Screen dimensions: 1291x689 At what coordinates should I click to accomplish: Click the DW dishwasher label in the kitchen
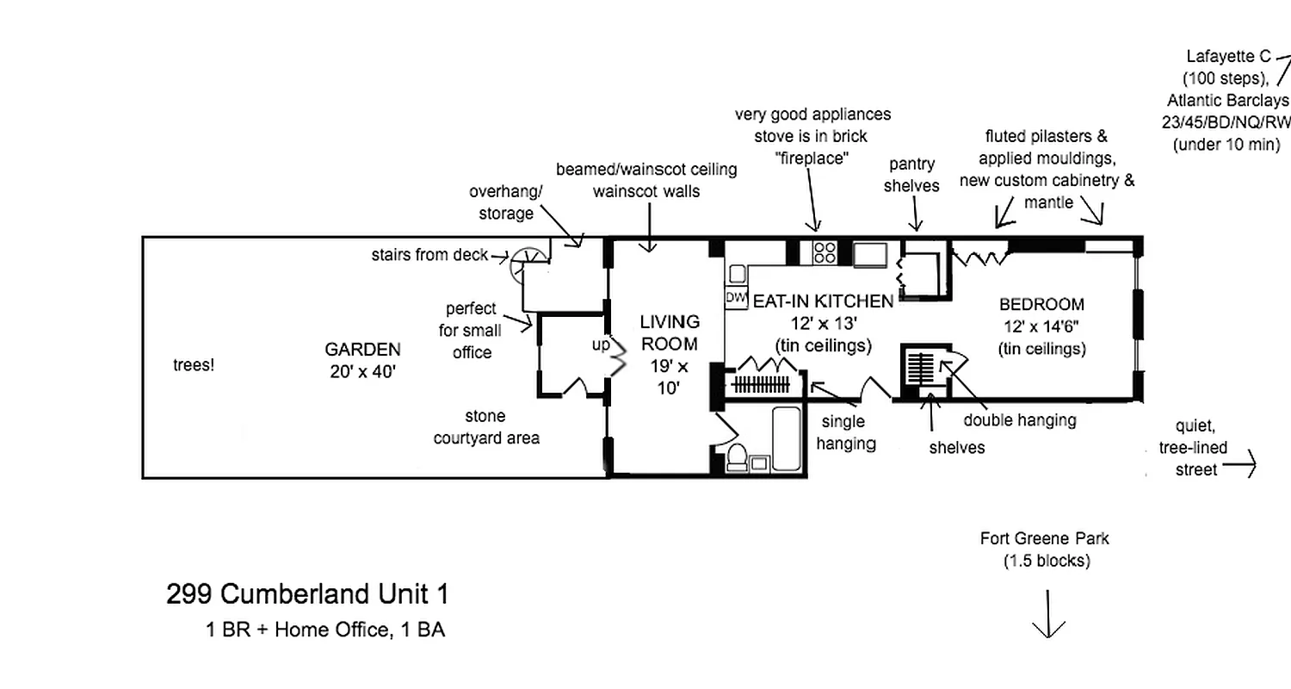tap(735, 297)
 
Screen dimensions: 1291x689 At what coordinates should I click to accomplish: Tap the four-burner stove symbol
tap(825, 252)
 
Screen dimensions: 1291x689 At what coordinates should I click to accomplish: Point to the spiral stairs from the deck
tap(524, 265)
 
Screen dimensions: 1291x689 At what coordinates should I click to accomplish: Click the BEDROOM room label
tap(1041, 304)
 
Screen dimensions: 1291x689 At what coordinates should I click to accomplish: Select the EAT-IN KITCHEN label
tap(824, 301)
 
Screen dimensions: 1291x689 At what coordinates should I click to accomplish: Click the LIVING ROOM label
tap(670, 332)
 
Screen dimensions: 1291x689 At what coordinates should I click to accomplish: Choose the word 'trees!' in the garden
tap(193, 365)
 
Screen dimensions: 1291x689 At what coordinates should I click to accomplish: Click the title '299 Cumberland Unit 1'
tap(307, 594)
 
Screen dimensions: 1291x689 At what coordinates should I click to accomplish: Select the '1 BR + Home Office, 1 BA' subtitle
tap(325, 630)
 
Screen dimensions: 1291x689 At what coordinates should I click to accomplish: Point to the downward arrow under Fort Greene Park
tap(1048, 615)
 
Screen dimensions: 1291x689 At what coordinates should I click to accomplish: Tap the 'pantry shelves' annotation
tap(911, 175)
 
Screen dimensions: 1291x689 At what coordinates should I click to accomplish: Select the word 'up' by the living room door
tap(600, 344)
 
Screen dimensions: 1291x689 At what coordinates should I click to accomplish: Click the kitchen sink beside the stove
tap(870, 252)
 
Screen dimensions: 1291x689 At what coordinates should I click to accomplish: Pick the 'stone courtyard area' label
tap(486, 427)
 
